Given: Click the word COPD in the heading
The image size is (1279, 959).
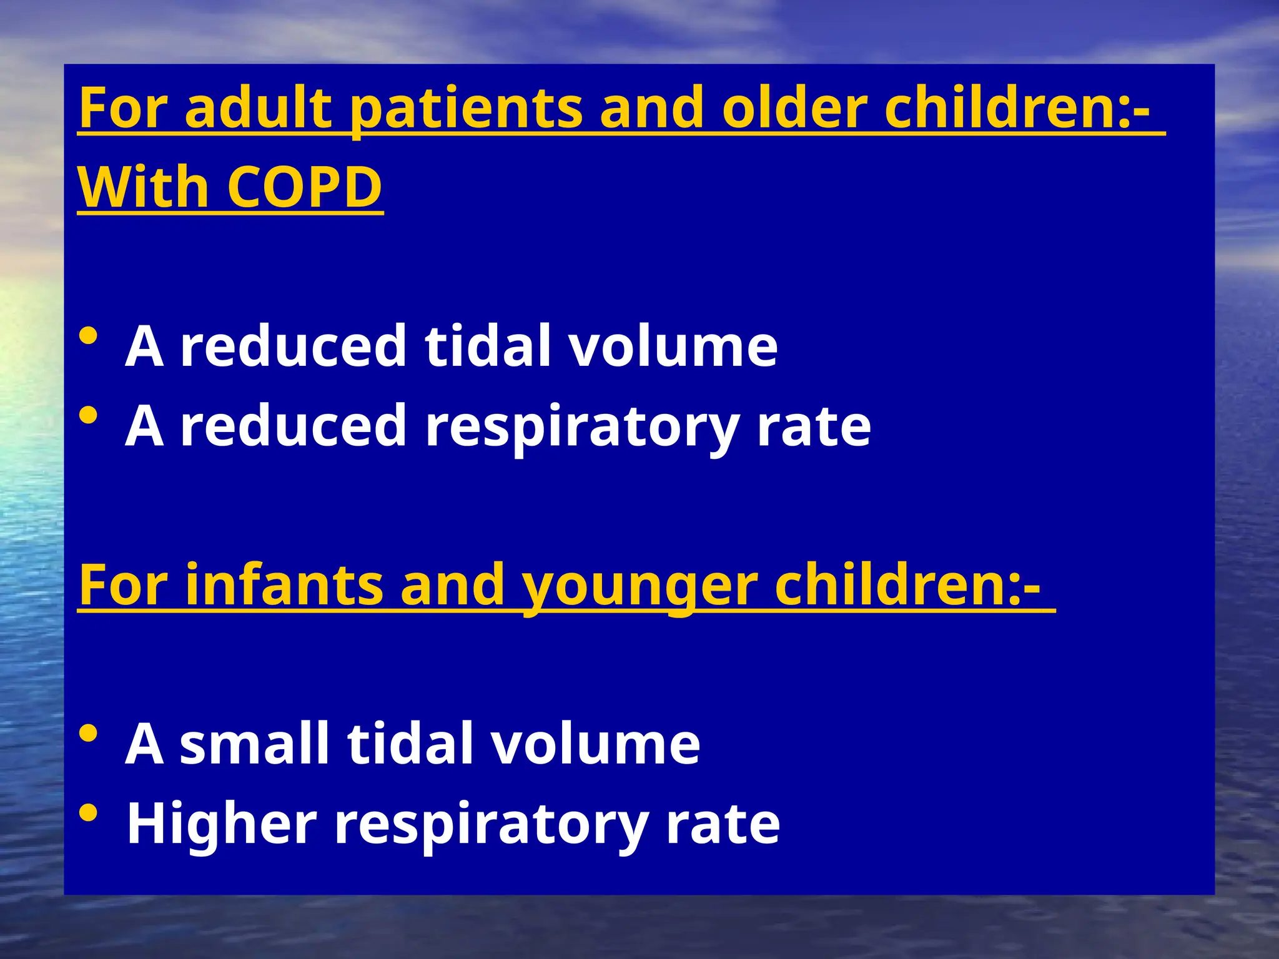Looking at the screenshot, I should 304,187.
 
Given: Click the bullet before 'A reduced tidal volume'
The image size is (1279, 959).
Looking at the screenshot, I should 89,337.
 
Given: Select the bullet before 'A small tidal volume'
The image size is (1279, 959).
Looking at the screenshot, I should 89,733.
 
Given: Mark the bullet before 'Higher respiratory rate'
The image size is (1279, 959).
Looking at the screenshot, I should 89,812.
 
